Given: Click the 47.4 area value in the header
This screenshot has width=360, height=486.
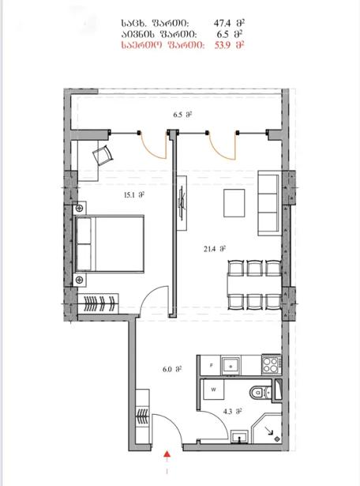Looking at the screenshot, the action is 223,23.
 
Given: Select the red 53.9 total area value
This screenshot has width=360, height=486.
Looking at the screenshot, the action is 223,45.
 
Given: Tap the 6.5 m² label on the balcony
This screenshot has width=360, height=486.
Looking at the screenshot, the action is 182,115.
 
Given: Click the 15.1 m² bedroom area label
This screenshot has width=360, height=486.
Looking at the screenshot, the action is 134,195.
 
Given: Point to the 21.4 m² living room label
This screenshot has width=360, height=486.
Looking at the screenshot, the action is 214,249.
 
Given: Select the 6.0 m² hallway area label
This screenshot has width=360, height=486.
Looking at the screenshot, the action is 172,370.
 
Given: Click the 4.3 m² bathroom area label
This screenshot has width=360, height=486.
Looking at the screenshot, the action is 232,412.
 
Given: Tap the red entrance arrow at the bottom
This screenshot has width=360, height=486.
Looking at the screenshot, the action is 167,454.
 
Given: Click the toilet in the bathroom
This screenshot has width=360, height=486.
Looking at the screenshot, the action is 261,393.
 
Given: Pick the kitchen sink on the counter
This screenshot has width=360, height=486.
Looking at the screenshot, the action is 231,365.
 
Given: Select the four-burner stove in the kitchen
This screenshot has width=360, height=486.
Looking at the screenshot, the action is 272,365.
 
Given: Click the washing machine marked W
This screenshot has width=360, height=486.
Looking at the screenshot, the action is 214,390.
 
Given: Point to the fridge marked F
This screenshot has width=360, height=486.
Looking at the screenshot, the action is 211,365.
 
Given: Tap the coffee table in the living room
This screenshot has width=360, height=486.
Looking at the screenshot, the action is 234,203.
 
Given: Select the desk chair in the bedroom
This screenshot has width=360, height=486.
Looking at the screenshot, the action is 103,156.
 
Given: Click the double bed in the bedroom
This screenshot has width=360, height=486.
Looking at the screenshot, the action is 110,244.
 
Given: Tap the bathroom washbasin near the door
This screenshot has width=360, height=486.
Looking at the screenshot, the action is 239,437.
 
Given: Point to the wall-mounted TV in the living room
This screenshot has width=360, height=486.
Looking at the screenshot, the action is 182,203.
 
